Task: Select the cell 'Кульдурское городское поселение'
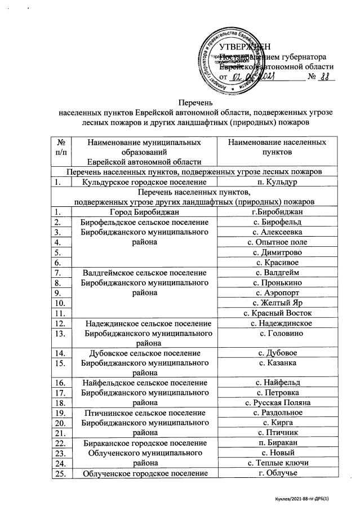click(148, 182)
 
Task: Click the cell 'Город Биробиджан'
click(148, 212)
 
